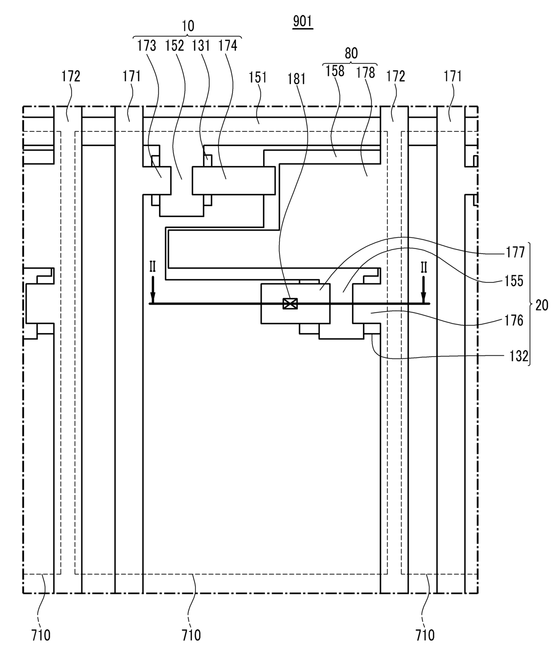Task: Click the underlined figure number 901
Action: click(x=303, y=22)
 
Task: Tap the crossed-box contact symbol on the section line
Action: click(x=290, y=303)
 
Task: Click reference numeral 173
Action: click(x=147, y=46)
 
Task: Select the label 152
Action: click(x=175, y=46)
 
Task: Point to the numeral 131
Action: click(x=201, y=46)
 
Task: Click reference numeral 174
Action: click(x=228, y=46)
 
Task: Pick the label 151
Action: click(x=258, y=78)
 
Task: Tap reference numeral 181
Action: click(x=296, y=79)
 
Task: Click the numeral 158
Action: click(x=335, y=71)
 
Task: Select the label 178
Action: click(x=366, y=73)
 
